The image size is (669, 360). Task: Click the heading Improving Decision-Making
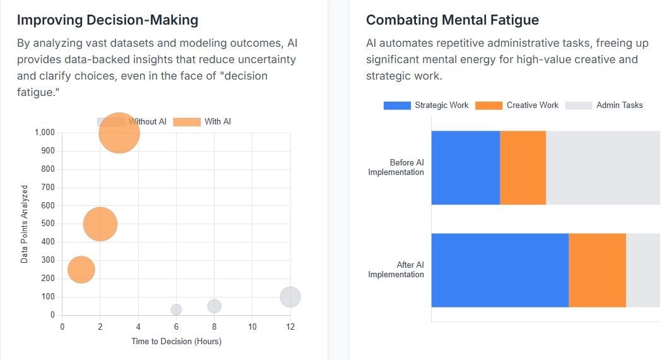click(x=107, y=20)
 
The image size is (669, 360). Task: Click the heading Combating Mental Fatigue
click(x=452, y=20)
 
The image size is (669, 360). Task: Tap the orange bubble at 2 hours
click(x=100, y=224)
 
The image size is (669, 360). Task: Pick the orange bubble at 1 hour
click(x=81, y=270)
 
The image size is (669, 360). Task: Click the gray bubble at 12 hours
click(x=290, y=297)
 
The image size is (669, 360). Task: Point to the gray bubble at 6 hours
click(x=176, y=309)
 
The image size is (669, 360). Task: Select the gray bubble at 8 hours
click(x=214, y=306)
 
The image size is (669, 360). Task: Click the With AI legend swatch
click(x=186, y=121)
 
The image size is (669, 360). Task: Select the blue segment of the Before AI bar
click(x=465, y=168)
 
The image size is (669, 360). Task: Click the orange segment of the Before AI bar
click(x=523, y=168)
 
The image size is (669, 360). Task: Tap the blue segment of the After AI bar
click(x=499, y=270)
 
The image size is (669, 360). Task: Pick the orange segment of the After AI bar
click(x=597, y=270)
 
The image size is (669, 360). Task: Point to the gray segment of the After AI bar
click(x=642, y=270)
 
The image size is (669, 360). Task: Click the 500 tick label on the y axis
click(x=46, y=224)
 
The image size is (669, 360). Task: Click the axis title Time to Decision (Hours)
click(x=176, y=342)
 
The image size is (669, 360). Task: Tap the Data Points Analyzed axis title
click(x=25, y=224)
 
